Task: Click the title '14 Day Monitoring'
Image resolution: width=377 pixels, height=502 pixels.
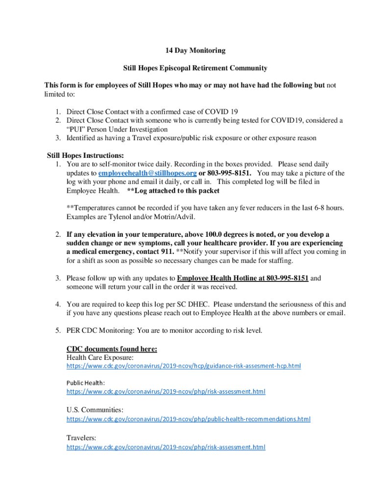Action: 194,50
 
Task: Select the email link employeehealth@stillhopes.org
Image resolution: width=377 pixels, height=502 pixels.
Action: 147,174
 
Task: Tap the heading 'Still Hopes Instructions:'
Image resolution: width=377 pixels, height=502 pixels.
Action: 78,155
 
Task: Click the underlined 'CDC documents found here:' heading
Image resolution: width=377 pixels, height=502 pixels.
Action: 112,349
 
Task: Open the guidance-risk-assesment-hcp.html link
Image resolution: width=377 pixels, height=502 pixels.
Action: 184,366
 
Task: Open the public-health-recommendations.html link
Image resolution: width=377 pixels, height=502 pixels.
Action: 188,419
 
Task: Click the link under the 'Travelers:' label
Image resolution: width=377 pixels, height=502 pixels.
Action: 166,447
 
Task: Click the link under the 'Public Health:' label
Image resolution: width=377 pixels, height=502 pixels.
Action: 166,392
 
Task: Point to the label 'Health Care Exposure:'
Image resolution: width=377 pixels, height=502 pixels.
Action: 99,358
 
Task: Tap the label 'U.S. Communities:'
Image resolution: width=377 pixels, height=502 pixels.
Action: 95,409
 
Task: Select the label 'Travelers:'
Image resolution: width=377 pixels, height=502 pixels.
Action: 81,437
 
